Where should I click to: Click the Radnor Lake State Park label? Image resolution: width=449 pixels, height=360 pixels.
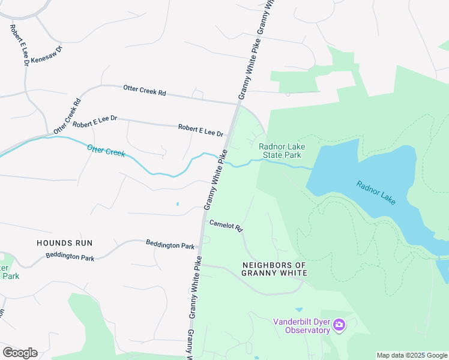click(x=280, y=151)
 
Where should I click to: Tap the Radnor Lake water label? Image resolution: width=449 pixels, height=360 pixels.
click(x=376, y=193)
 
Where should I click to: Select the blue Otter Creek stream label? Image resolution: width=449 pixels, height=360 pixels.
click(x=106, y=151)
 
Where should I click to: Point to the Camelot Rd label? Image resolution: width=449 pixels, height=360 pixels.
click(x=225, y=226)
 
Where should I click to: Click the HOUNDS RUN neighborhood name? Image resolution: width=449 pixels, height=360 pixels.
click(x=64, y=243)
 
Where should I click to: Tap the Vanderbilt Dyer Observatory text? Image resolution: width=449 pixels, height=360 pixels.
click(x=301, y=325)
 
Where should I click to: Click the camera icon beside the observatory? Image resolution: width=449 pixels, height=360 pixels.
click(x=339, y=325)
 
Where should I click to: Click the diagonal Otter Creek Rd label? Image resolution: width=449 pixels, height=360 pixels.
click(x=67, y=116)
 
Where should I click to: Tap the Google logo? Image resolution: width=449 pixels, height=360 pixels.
click(x=20, y=353)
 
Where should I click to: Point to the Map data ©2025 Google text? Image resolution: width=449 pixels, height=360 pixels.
click(x=411, y=355)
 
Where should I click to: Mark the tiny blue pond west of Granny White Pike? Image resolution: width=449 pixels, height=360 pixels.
click(x=177, y=204)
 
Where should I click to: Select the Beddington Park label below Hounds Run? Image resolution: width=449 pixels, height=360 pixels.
click(x=70, y=257)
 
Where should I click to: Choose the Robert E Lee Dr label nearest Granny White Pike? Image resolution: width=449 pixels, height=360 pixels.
click(x=200, y=130)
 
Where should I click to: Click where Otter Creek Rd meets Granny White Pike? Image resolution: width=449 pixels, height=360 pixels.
click(x=238, y=103)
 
